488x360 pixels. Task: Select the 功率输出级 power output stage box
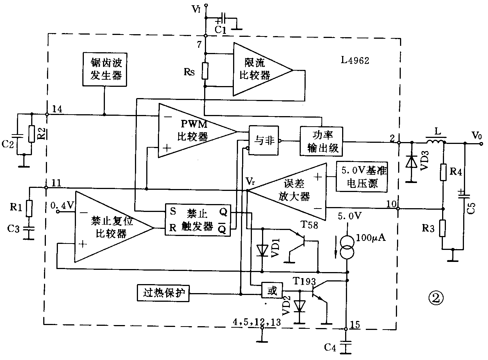pos(321,141)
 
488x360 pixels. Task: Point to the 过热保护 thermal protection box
pos(164,292)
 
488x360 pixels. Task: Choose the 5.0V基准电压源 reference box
pos(362,177)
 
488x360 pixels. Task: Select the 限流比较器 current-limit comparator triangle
pos(256,70)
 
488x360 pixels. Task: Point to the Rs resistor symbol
pos(205,71)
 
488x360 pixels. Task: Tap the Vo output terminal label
pos(476,135)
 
